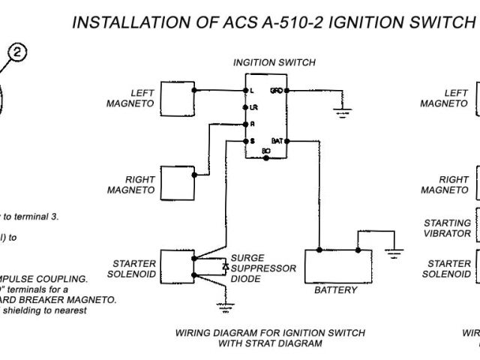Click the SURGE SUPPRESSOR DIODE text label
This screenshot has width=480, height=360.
[x=263, y=268]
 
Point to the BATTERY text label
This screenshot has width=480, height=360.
[x=335, y=290]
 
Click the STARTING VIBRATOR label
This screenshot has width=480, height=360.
[x=448, y=228]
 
